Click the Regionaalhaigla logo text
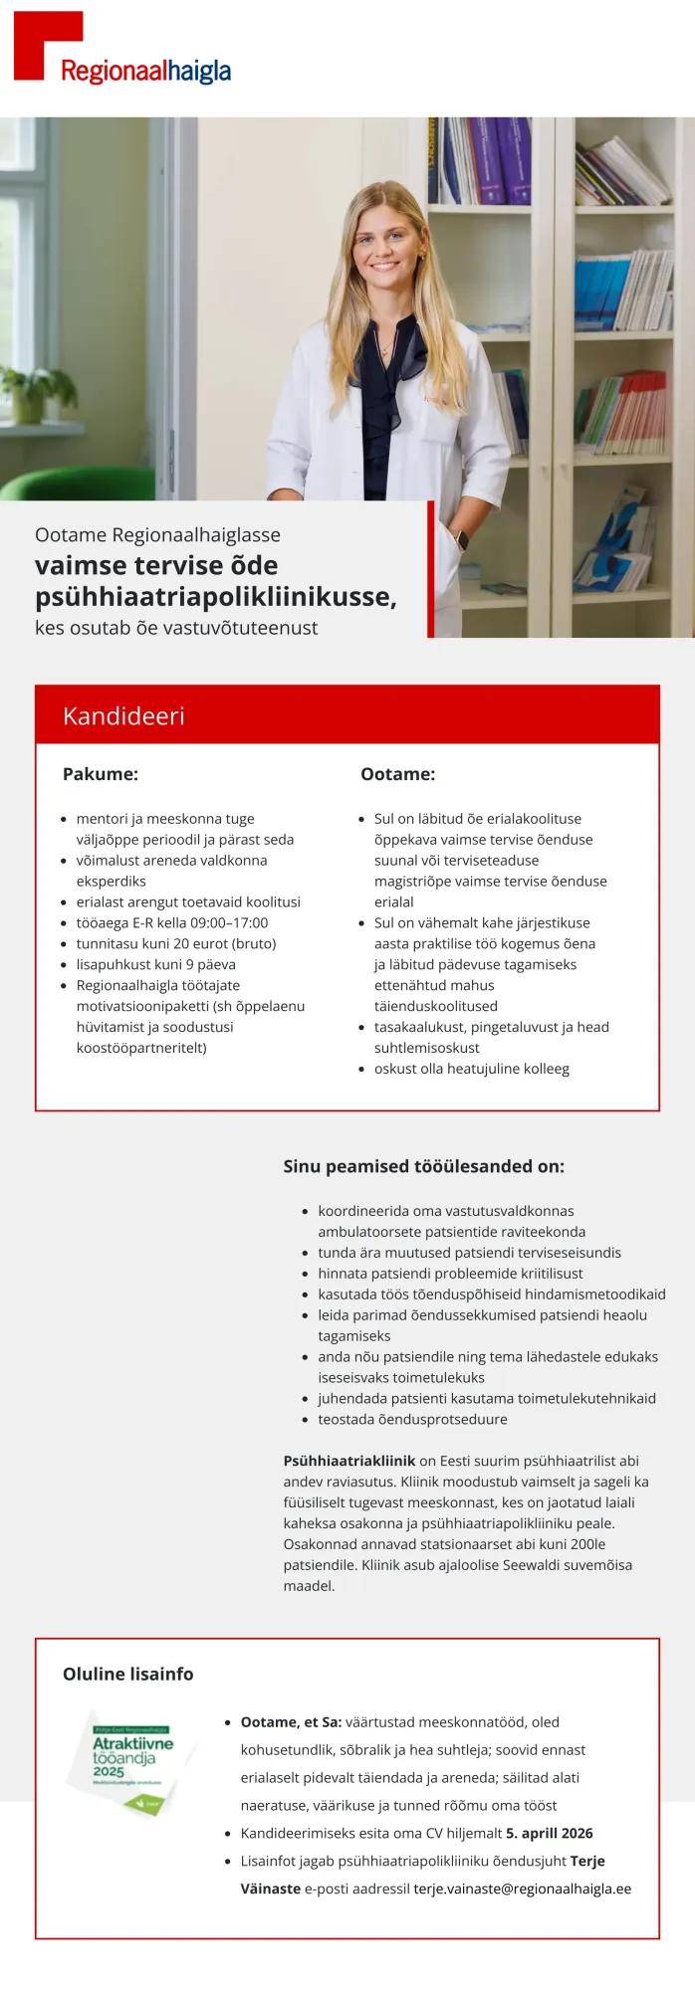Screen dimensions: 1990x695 pos(145,72)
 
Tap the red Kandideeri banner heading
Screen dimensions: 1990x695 pos(123,715)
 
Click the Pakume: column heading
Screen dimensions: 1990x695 pos(101,774)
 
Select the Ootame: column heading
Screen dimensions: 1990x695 pos(397,774)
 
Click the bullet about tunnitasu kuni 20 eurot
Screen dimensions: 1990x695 pos(176,943)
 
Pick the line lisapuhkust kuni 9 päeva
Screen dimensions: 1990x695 pos(155,964)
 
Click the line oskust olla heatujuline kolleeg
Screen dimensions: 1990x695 pos(471,1069)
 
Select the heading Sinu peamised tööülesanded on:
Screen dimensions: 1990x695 pos(423,1166)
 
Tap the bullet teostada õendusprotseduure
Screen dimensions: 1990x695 pos(412,1419)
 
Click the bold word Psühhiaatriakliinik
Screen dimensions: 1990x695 pos(348,1461)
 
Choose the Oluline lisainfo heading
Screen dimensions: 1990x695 pos(128,1674)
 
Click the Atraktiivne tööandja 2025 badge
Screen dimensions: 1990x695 pos(131,1762)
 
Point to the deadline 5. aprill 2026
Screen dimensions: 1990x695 pos(549,1833)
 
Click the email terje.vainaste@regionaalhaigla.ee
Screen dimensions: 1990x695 pos(522,1889)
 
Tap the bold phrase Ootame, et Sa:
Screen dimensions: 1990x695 pos(291,1721)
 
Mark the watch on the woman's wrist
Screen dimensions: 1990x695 pos(461,540)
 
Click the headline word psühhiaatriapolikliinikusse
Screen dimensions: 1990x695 pos(215,597)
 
